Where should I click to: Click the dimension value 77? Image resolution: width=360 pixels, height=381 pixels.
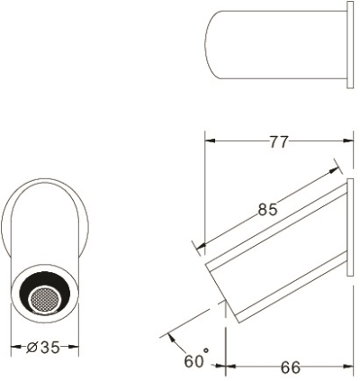tap(279, 141)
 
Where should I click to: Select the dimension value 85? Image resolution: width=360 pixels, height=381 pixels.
tap(268, 210)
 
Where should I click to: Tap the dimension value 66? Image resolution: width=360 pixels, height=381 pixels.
tap(290, 367)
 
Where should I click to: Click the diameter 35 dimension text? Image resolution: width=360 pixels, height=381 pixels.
tap(43, 348)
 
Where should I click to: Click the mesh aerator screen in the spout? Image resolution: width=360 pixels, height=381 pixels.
tap(45, 299)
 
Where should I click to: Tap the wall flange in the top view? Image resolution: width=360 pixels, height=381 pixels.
tap(350, 45)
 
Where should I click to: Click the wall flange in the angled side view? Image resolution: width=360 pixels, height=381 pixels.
tap(350, 227)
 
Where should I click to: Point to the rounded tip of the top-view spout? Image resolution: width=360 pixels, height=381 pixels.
tap(205, 45)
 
